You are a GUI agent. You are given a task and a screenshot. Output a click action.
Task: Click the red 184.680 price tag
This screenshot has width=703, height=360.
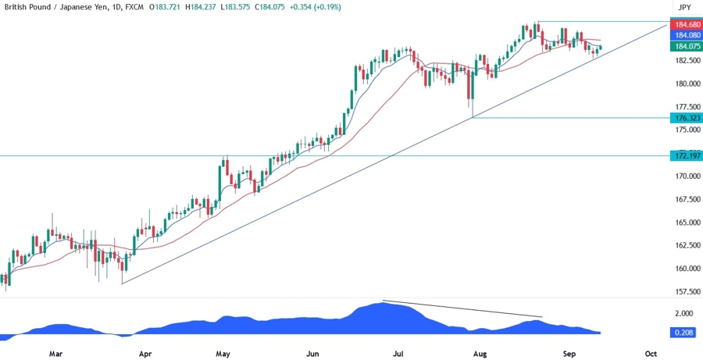click(x=685, y=25)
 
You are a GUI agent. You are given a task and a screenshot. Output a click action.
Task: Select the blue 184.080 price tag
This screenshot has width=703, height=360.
click(x=685, y=35)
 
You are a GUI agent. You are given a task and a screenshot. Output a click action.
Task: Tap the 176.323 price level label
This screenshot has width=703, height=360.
click(x=685, y=118)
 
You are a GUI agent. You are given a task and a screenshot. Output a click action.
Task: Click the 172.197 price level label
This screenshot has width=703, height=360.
click(x=685, y=156)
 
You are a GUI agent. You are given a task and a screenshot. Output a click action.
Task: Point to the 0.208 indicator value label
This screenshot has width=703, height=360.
click(x=685, y=333)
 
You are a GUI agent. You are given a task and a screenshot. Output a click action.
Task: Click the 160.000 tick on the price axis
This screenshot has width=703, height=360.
click(x=685, y=269)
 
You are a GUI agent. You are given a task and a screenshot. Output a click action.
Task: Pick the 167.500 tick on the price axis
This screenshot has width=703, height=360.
click(x=685, y=199)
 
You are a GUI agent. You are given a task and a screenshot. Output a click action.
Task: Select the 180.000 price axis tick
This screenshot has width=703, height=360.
click(x=685, y=84)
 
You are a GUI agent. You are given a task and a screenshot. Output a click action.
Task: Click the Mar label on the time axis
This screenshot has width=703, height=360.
click(x=55, y=353)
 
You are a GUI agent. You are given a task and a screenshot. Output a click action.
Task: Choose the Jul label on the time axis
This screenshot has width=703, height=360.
click(x=398, y=353)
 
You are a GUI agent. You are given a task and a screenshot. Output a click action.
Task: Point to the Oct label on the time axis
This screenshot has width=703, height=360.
click(x=650, y=353)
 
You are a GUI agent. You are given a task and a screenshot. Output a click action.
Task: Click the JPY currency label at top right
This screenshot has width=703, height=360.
click(x=685, y=7)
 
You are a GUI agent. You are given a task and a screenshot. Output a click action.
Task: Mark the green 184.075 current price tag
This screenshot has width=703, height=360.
click(x=685, y=46)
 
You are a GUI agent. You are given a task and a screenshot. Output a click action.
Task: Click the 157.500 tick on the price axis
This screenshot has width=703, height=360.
click(x=685, y=291)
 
